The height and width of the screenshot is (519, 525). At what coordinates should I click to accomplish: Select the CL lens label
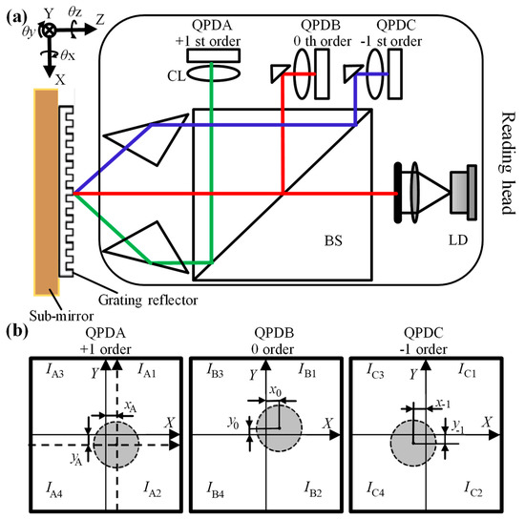pos(176,73)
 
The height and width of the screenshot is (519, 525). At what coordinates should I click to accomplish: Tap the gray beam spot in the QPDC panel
pos(423,435)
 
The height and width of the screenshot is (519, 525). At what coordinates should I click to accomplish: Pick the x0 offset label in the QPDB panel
pos(276,391)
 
